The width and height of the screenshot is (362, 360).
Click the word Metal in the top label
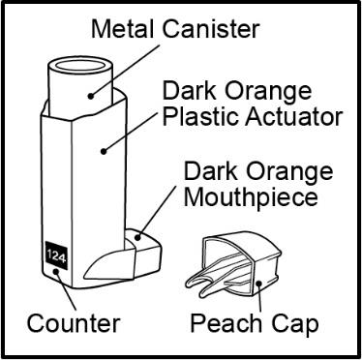point(122,29)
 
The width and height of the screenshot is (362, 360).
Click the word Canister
point(210,29)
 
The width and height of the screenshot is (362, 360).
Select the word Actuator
point(292,116)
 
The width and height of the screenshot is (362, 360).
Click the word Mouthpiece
point(251,196)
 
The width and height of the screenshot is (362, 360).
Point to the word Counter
point(74,323)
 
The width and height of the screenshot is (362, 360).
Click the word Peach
point(226,323)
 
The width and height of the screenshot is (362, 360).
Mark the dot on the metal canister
point(91,96)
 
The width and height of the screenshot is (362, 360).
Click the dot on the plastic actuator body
point(104,150)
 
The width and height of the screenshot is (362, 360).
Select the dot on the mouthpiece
point(138,238)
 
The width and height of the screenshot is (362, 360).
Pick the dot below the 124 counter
point(56,271)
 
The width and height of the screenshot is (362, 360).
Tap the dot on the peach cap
point(258,284)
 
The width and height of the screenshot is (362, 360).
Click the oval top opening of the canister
point(80,66)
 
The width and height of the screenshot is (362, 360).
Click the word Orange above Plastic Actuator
point(267,91)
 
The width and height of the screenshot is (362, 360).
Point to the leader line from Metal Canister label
point(125,71)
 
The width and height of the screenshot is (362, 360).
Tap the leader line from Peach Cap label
point(259,298)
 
